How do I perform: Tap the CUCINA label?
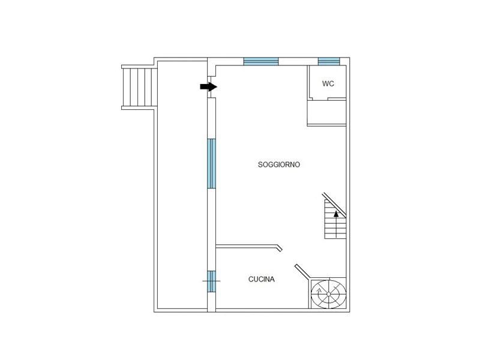pyautogui.click(x=262, y=279)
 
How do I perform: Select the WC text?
pyautogui.click(x=328, y=83)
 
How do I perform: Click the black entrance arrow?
pyautogui.click(x=209, y=87)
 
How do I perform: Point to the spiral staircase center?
pyautogui.click(x=328, y=294)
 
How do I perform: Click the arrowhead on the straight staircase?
pyautogui.click(x=336, y=214)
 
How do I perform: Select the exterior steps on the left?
pyautogui.click(x=139, y=87)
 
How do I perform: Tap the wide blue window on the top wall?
pyautogui.click(x=261, y=61)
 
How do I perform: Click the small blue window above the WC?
pyautogui.click(x=329, y=61)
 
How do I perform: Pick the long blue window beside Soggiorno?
pyautogui.click(x=212, y=163)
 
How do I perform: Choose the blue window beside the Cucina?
pyautogui.click(x=212, y=281)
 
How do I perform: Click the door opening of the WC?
pyautogui.click(x=320, y=98)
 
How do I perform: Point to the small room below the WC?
pyautogui.click(x=326, y=112)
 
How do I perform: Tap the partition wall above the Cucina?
pyautogui.click(x=247, y=246)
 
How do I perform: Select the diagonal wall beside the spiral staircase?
pyautogui.click(x=302, y=272)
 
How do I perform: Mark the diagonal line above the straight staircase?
pyautogui.click(x=334, y=205)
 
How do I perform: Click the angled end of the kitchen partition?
pyautogui.click(x=279, y=248)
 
